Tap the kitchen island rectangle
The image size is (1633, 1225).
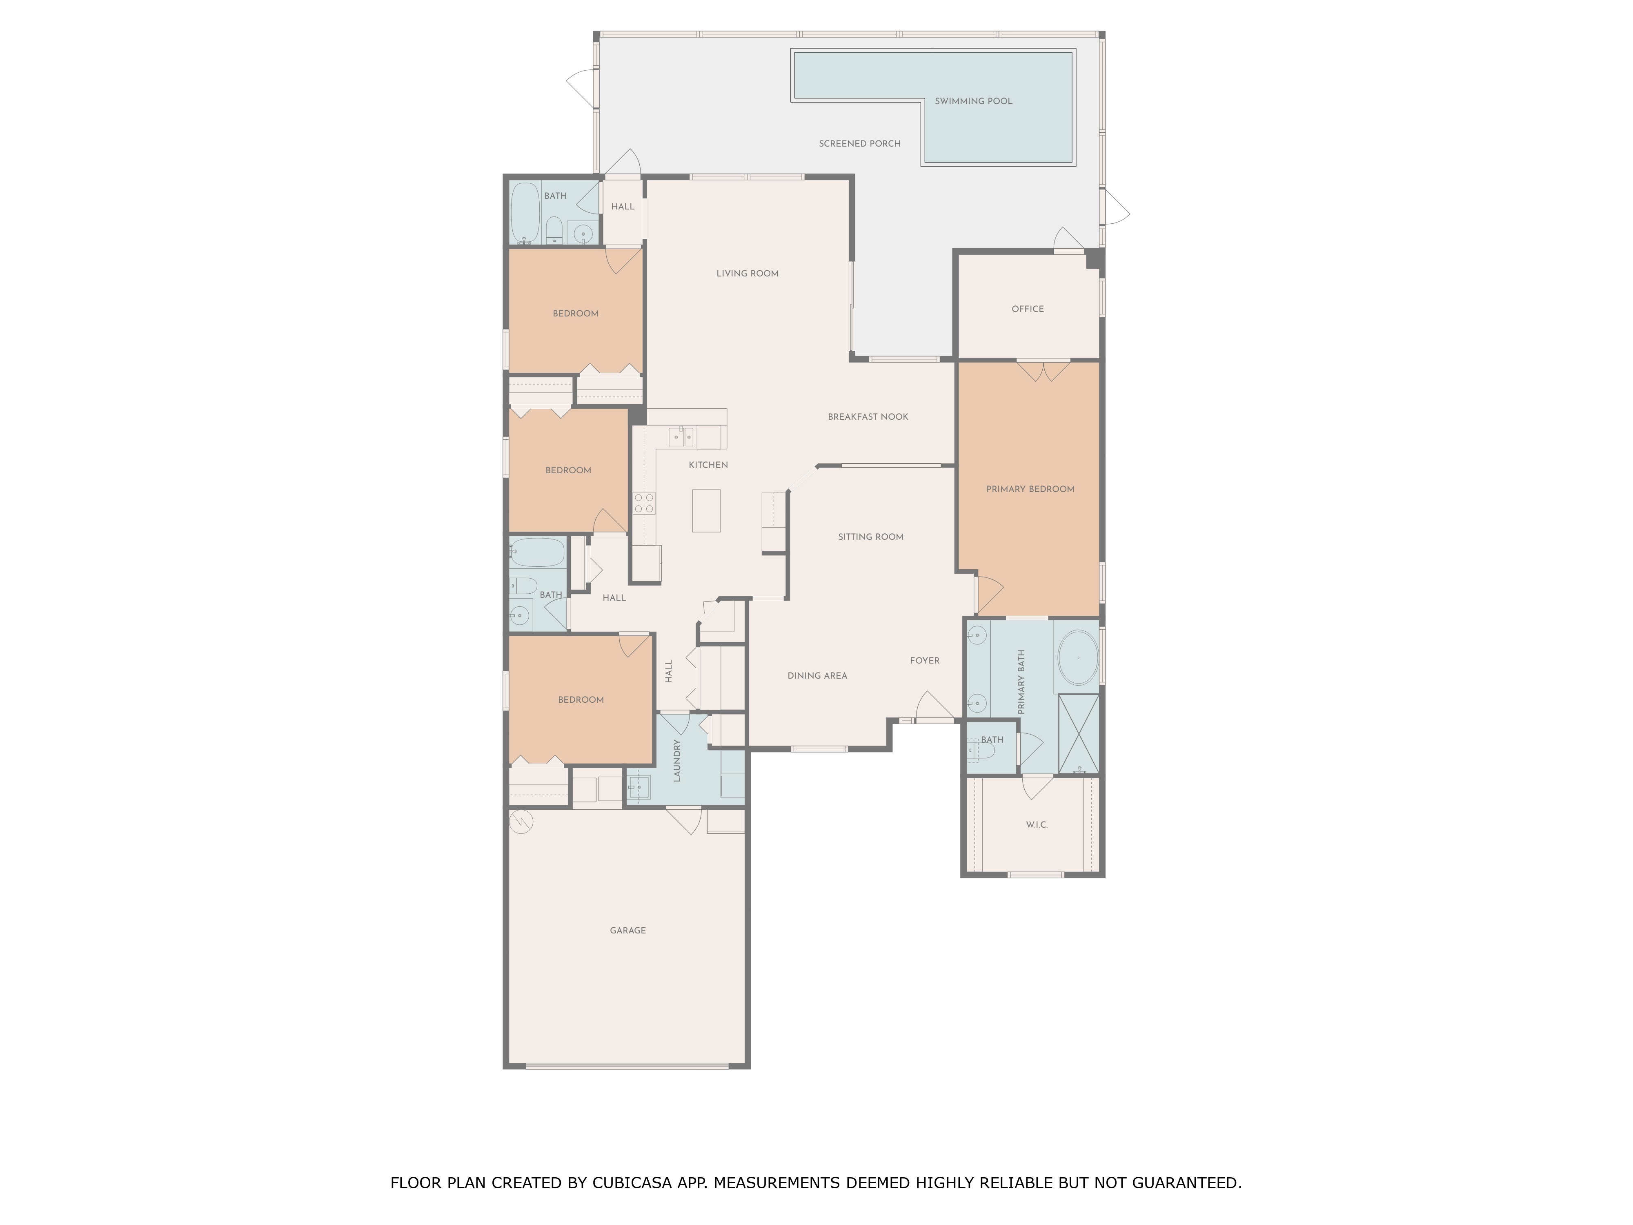coord(706,510)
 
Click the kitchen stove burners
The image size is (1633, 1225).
coord(644,503)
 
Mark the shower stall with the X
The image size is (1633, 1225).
coord(1078,734)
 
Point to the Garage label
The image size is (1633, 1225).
coord(627,930)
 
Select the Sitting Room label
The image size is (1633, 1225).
coord(870,537)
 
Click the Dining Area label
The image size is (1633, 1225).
coord(816,676)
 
